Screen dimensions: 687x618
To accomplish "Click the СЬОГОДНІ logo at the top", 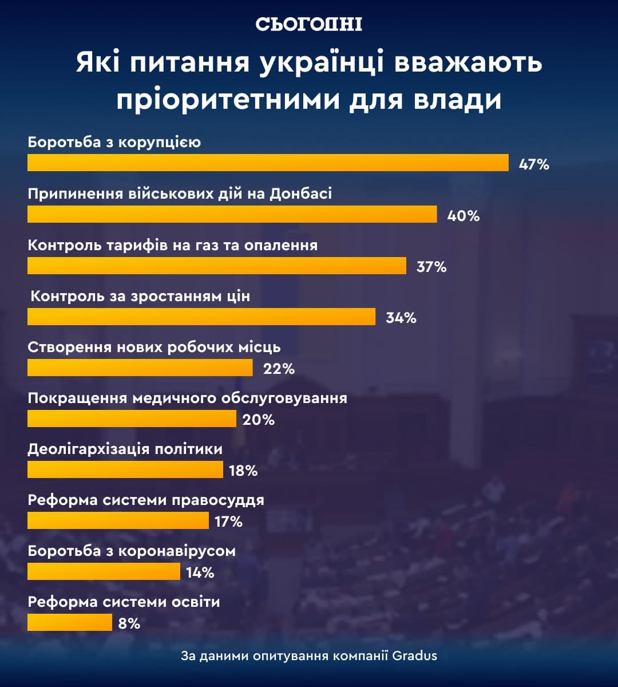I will [308, 24].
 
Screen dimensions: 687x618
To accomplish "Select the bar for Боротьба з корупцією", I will [268, 163].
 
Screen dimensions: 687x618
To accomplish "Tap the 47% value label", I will [534, 165].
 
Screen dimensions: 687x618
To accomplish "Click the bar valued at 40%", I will [232, 214].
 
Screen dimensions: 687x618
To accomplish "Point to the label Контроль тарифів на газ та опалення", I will [172, 245].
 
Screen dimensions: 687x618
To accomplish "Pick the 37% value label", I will [431, 267].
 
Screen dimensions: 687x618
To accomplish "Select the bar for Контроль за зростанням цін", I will [201, 317].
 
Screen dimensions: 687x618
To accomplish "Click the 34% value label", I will [401, 318].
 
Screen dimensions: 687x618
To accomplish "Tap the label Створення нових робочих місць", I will [154, 347].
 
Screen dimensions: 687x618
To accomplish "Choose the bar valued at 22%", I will [140, 368].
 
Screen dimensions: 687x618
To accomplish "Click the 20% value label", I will [258, 420].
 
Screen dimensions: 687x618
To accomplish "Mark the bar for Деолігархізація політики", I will [125, 469].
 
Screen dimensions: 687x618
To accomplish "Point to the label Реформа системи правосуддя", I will [146, 500].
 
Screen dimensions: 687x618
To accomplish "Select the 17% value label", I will [228, 522].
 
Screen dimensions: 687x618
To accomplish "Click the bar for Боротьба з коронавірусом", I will [104, 571].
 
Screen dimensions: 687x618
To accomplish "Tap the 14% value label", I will [200, 572].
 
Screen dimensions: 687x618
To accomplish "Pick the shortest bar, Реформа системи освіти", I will [69, 622].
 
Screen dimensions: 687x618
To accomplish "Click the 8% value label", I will [129, 623].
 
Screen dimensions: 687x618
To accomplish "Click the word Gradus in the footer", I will [415, 656].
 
